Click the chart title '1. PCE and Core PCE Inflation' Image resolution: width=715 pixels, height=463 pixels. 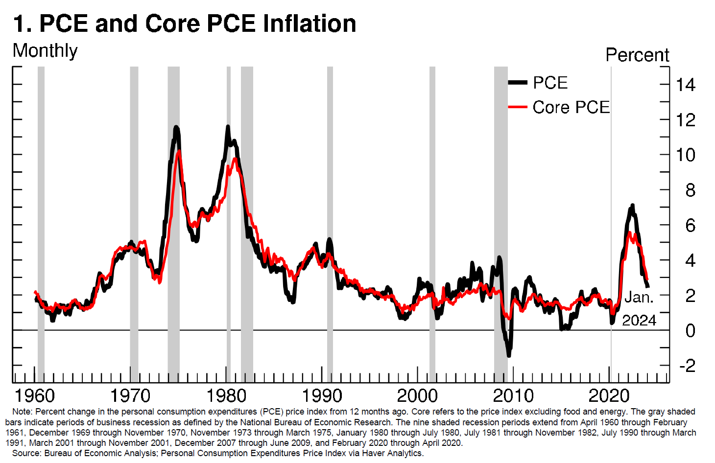pyautogui.click(x=185, y=23)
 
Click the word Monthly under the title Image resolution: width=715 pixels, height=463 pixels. pyautogui.click(x=45, y=51)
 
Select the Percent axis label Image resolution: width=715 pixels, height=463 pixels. pyautogui.click(x=637, y=55)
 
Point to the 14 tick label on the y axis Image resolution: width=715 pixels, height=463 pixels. pyautogui.click(x=685, y=85)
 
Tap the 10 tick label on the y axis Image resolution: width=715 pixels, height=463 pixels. pyautogui.click(x=685, y=155)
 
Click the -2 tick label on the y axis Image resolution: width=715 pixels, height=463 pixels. pyautogui.click(x=687, y=366)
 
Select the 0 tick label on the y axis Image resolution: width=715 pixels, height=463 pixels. pyautogui.click(x=690, y=331)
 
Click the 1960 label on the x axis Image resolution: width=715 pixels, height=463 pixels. pyautogui.click(x=35, y=395)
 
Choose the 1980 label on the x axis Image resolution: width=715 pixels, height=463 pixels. pyautogui.click(x=226, y=395)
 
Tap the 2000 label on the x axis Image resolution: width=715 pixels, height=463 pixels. pyautogui.click(x=417, y=395)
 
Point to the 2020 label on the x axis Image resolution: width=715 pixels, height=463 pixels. pyautogui.click(x=609, y=395)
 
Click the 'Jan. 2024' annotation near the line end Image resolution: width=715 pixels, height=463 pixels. pyautogui.click(x=639, y=308)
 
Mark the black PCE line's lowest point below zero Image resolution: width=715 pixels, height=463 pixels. pyautogui.click(x=509, y=355)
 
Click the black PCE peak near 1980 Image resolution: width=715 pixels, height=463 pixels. pyautogui.click(x=228, y=127)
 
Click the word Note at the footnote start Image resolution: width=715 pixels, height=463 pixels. pyautogui.click(x=22, y=412)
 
